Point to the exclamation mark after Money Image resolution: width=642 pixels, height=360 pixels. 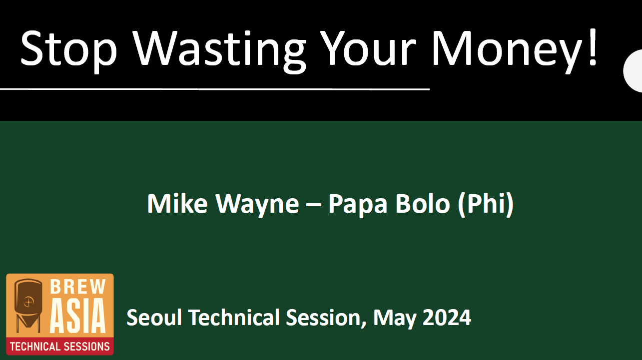coord(593,47)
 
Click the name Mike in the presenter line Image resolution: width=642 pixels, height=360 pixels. coord(177,203)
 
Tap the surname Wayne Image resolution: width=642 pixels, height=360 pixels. coord(257,205)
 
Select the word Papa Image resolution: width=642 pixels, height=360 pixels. coord(358,205)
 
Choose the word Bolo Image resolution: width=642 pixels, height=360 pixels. coord(423,203)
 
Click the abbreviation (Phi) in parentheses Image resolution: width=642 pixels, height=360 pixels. coord(486,204)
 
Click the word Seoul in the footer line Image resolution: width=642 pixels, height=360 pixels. coord(154,317)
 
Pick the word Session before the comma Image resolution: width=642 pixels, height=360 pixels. coord(323,318)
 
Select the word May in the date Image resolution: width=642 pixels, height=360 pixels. coord(394,319)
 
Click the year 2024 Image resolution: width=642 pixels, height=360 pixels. coord(447,318)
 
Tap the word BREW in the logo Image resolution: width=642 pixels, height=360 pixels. coord(77,287)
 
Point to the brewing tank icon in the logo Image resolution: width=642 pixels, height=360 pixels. coord(28,306)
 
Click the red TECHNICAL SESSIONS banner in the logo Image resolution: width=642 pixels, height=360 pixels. coord(60,346)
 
